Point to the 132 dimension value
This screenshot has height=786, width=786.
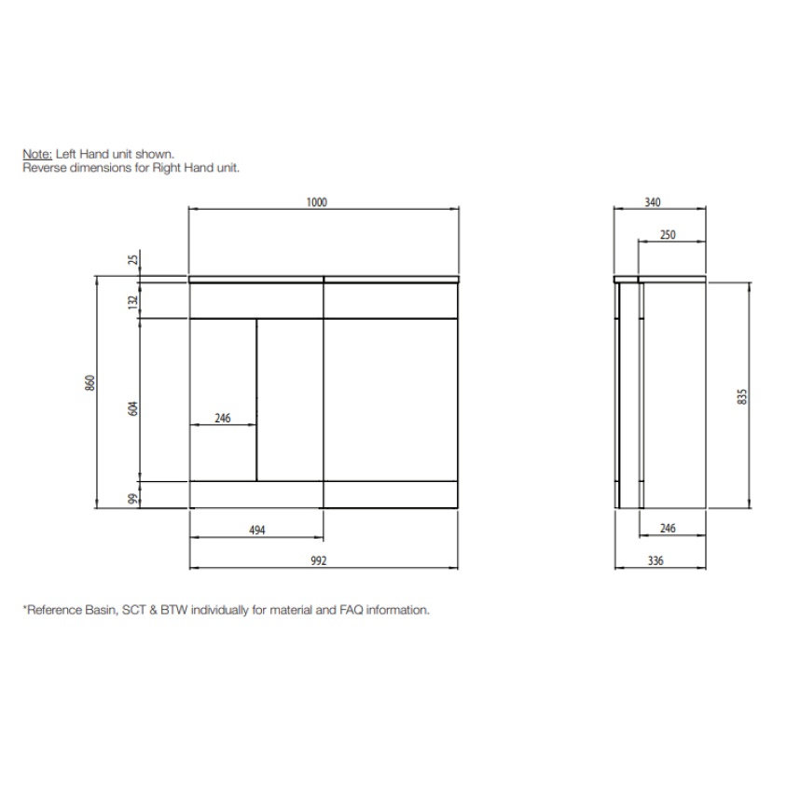pyautogui.click(x=133, y=301)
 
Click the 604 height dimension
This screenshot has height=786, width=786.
pyautogui.click(x=133, y=408)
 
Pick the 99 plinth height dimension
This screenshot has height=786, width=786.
pyautogui.click(x=133, y=498)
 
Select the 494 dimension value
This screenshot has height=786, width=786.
pyautogui.click(x=257, y=530)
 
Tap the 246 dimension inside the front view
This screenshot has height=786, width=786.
pyautogui.click(x=222, y=419)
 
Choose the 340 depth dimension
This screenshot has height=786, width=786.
pyautogui.click(x=653, y=202)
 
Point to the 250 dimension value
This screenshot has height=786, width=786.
pyautogui.click(x=668, y=235)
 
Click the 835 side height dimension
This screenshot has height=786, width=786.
pyautogui.click(x=742, y=395)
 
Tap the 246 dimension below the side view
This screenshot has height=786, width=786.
pyautogui.click(x=668, y=529)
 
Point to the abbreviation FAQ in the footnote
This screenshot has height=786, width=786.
pyautogui.click(x=344, y=610)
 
